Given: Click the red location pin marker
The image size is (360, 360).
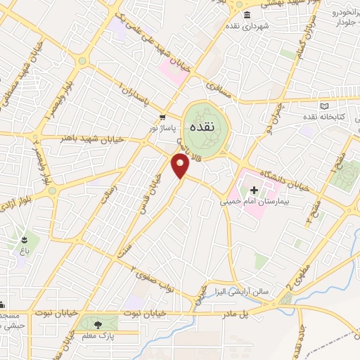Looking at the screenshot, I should tap(181, 167).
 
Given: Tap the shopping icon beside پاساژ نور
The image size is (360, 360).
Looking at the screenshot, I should tap(162, 117).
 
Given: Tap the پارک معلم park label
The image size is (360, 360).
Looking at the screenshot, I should tap(98, 337).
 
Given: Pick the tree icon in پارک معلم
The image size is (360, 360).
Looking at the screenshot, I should tap(97, 323).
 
